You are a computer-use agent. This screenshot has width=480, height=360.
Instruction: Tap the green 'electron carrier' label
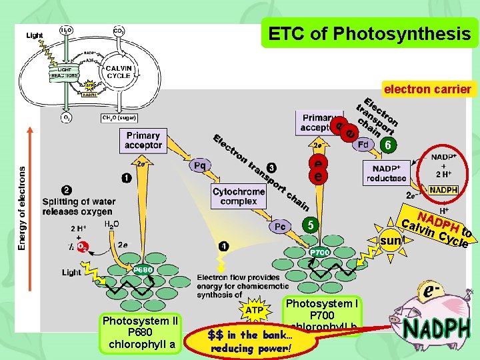click(427, 89)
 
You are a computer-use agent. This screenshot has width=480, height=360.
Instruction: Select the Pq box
click(201, 165)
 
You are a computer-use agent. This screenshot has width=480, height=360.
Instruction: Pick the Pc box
click(280, 227)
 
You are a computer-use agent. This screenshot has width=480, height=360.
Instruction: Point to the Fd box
click(363, 145)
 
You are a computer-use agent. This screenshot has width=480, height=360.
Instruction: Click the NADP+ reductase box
click(386, 173)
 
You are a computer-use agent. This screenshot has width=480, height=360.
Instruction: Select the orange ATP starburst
click(255, 311)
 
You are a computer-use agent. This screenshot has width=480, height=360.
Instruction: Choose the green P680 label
click(143, 270)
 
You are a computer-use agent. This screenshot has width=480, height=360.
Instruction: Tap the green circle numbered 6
click(389, 145)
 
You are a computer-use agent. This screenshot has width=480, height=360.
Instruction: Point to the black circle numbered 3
click(271, 167)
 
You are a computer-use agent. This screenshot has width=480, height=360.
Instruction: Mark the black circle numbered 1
click(126, 178)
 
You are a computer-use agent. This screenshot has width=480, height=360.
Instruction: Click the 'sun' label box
click(393, 239)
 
